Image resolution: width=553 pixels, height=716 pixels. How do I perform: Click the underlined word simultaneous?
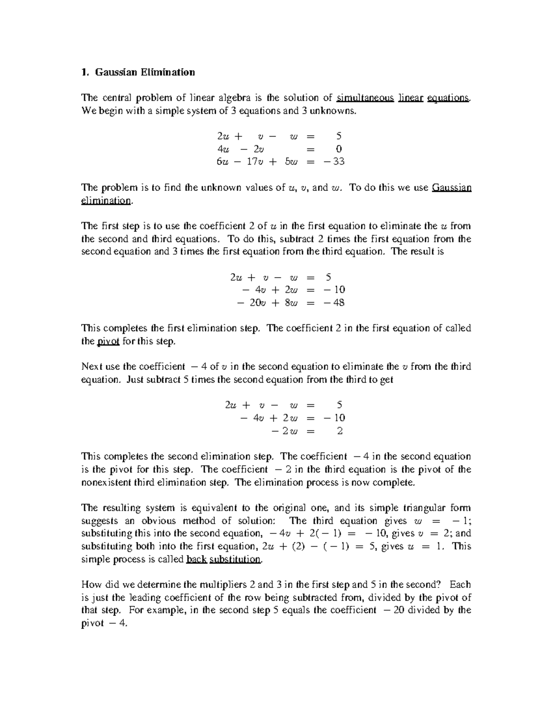point(365,98)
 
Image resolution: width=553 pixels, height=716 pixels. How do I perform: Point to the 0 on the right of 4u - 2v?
point(339,149)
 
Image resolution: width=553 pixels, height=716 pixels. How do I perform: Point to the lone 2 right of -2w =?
point(340,431)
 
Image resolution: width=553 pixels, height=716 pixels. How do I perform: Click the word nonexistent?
point(108,482)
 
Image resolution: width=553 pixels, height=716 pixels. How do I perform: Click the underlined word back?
point(195,559)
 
